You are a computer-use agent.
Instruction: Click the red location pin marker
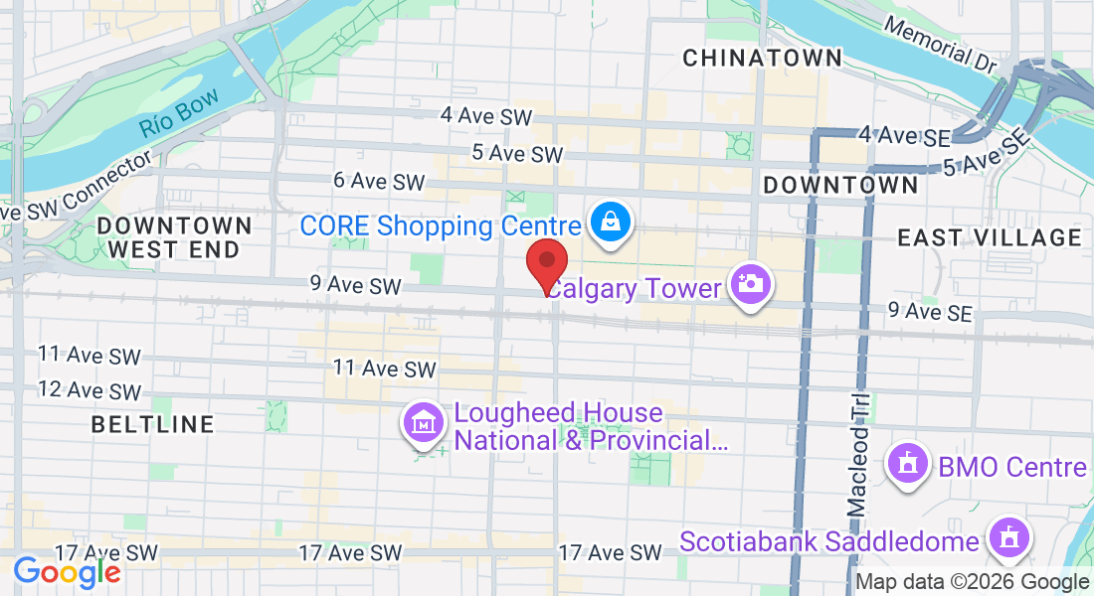(x=546, y=264)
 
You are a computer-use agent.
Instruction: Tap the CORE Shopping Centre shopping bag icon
(x=606, y=223)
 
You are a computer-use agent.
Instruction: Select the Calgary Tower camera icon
(x=750, y=286)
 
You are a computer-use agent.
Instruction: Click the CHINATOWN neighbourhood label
(x=762, y=59)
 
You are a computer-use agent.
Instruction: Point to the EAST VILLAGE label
(x=989, y=237)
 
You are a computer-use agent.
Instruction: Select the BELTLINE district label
(x=152, y=425)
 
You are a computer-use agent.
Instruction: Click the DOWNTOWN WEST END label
(x=174, y=238)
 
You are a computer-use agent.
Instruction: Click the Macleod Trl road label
(x=858, y=452)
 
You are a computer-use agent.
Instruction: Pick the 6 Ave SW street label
(x=379, y=181)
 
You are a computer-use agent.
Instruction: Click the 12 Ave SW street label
(x=90, y=390)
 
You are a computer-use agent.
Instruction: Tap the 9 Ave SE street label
(x=929, y=312)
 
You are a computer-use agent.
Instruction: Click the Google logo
(x=66, y=572)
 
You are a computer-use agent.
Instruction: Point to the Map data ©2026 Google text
(x=972, y=582)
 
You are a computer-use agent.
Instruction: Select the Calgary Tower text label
(x=634, y=289)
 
